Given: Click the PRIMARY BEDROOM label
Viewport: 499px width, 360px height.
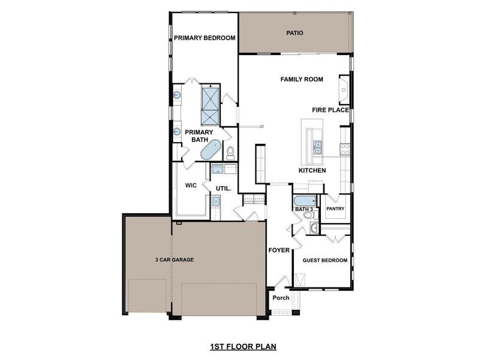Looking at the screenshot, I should tap(205, 38).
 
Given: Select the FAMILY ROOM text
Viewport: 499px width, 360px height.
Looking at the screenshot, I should tap(302, 79).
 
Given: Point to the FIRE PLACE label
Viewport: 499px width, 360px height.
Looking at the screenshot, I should tap(330, 110).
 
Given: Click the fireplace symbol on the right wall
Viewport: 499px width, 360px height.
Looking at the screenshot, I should tap(344, 86).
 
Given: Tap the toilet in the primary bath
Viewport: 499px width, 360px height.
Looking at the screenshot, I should tap(230, 152).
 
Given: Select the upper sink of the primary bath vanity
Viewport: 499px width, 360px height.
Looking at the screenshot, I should tap(178, 95).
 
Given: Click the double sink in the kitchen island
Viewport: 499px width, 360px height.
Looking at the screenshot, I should tap(317, 146).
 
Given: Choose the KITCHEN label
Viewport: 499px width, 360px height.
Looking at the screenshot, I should tap(312, 170).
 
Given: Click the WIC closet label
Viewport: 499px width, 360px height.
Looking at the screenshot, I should tap(191, 185).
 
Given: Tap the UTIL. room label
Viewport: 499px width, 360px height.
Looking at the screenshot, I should tap(224, 188).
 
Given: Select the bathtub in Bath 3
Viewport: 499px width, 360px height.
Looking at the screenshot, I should tap(303, 200).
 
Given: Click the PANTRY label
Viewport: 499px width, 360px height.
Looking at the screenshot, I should tap(335, 209).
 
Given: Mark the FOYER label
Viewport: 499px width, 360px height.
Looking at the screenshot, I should tap(279, 250).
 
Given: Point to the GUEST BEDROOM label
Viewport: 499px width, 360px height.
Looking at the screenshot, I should tap(325, 260).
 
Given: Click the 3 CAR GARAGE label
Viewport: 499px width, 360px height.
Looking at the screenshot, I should tap(173, 260).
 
